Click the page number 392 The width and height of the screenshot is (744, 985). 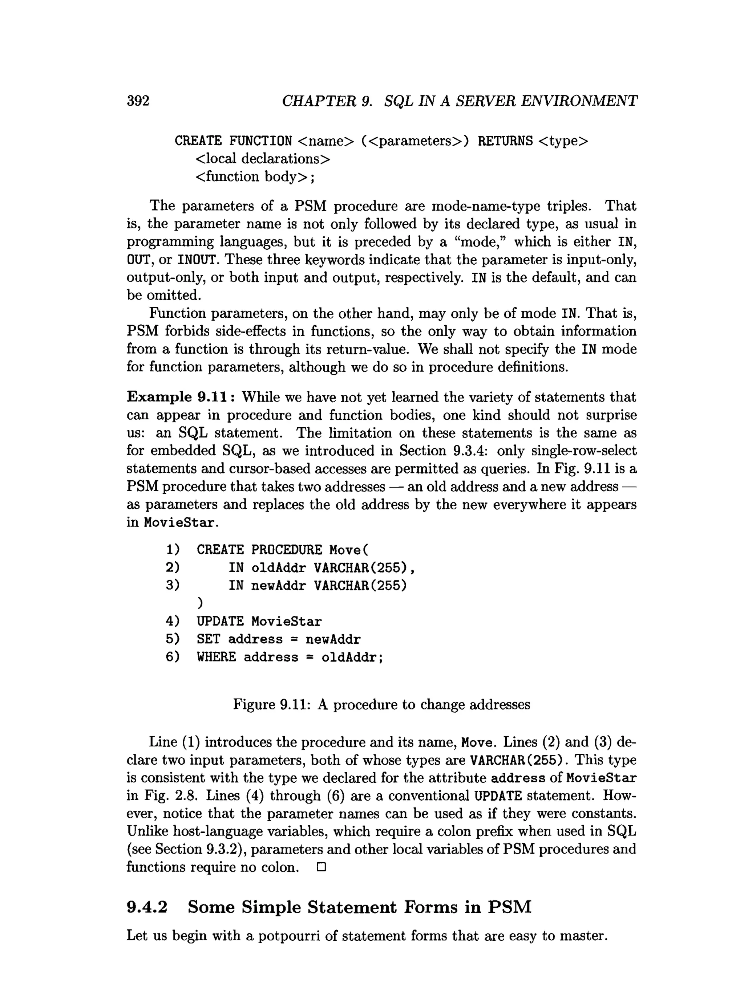[138, 101]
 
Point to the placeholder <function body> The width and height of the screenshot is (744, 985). [252, 177]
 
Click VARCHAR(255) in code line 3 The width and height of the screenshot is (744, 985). [360, 586]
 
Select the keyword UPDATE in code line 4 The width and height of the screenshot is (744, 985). [220, 622]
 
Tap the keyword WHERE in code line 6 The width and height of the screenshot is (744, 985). [216, 657]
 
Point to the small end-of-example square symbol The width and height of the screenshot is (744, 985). [321, 867]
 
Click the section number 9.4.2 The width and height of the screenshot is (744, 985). [147, 908]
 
